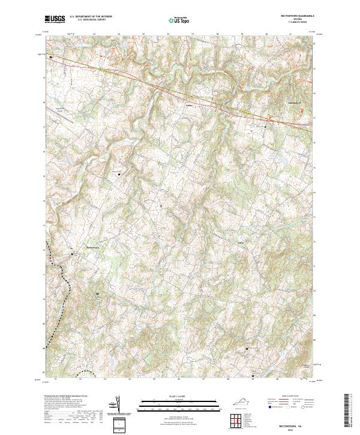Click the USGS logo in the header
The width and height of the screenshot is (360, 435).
pos(55,20)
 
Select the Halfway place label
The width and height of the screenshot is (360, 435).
pos(241,242)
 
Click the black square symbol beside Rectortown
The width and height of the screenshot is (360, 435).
pos(73,254)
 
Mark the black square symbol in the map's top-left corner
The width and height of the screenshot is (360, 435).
pos(51,58)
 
